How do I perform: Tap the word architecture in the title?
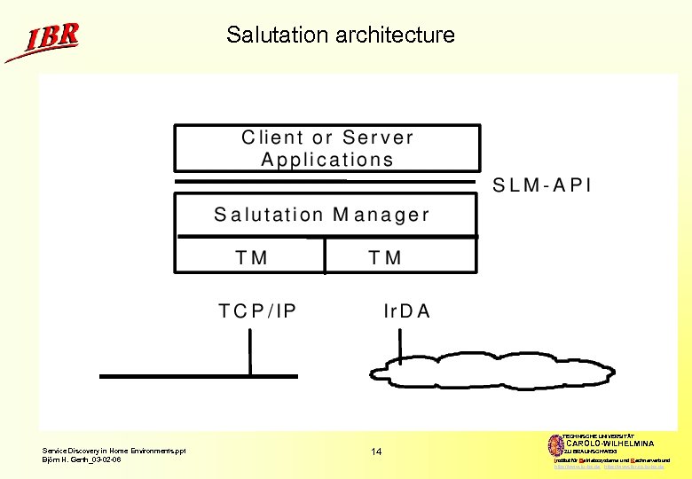[396, 35]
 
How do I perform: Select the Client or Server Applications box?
[327, 147]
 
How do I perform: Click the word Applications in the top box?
[327, 161]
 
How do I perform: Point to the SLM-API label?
[542, 186]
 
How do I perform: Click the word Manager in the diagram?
[381, 215]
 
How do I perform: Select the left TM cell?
[251, 257]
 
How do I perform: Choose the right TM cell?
[385, 257]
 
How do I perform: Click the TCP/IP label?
[258, 311]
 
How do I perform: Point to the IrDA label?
[406, 311]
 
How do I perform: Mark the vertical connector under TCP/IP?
[250, 351]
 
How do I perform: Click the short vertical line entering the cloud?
[400, 346]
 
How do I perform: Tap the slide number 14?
[376, 452]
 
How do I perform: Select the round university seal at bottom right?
[556, 445]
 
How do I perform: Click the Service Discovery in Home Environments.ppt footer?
[114, 452]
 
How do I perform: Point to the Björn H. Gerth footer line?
[82, 459]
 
